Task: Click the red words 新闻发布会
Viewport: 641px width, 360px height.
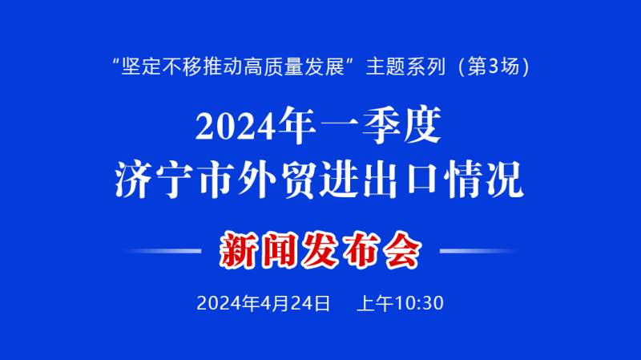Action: [320, 250]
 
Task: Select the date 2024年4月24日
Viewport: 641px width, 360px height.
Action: [264, 304]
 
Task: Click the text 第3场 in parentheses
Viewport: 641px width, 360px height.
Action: [494, 67]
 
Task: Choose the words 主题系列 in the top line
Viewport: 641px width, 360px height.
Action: [405, 67]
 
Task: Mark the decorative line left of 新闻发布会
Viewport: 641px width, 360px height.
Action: [163, 251]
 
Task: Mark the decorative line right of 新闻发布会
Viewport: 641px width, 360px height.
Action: [478, 251]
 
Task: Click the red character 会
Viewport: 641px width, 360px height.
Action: [403, 250]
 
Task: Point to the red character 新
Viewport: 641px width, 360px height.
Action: [239, 250]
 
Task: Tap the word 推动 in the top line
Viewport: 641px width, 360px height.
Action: [223, 67]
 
